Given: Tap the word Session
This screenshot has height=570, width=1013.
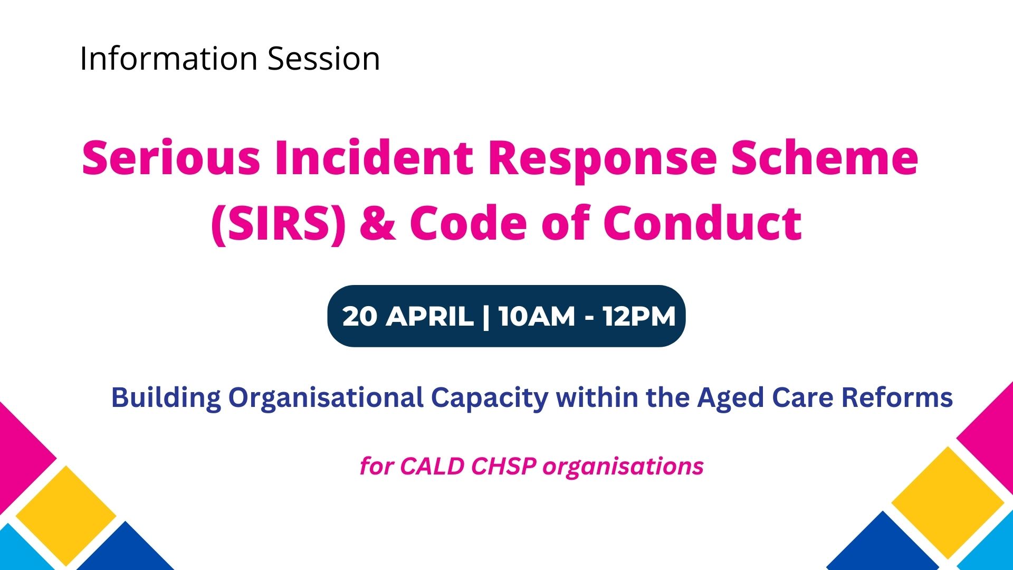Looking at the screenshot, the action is point(324,58).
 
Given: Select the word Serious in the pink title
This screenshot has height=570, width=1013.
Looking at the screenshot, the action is point(171,157).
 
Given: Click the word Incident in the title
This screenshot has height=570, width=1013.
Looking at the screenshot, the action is point(374,157).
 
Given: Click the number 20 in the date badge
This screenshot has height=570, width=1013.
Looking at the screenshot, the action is point(360,316).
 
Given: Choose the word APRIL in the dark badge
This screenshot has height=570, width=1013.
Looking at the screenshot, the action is point(429,316).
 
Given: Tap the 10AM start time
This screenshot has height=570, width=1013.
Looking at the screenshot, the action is point(536,316).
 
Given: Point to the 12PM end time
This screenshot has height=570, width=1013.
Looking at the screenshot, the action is point(639,316).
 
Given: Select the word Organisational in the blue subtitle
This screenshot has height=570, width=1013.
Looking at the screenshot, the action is point(326,398).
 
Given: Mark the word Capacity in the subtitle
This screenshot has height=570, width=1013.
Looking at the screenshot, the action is point(490,398).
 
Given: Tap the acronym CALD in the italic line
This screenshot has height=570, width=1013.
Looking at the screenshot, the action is point(432,466).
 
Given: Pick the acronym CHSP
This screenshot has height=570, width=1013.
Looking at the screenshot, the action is point(503,466).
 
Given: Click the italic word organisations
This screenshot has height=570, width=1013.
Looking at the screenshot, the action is point(623,467).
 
